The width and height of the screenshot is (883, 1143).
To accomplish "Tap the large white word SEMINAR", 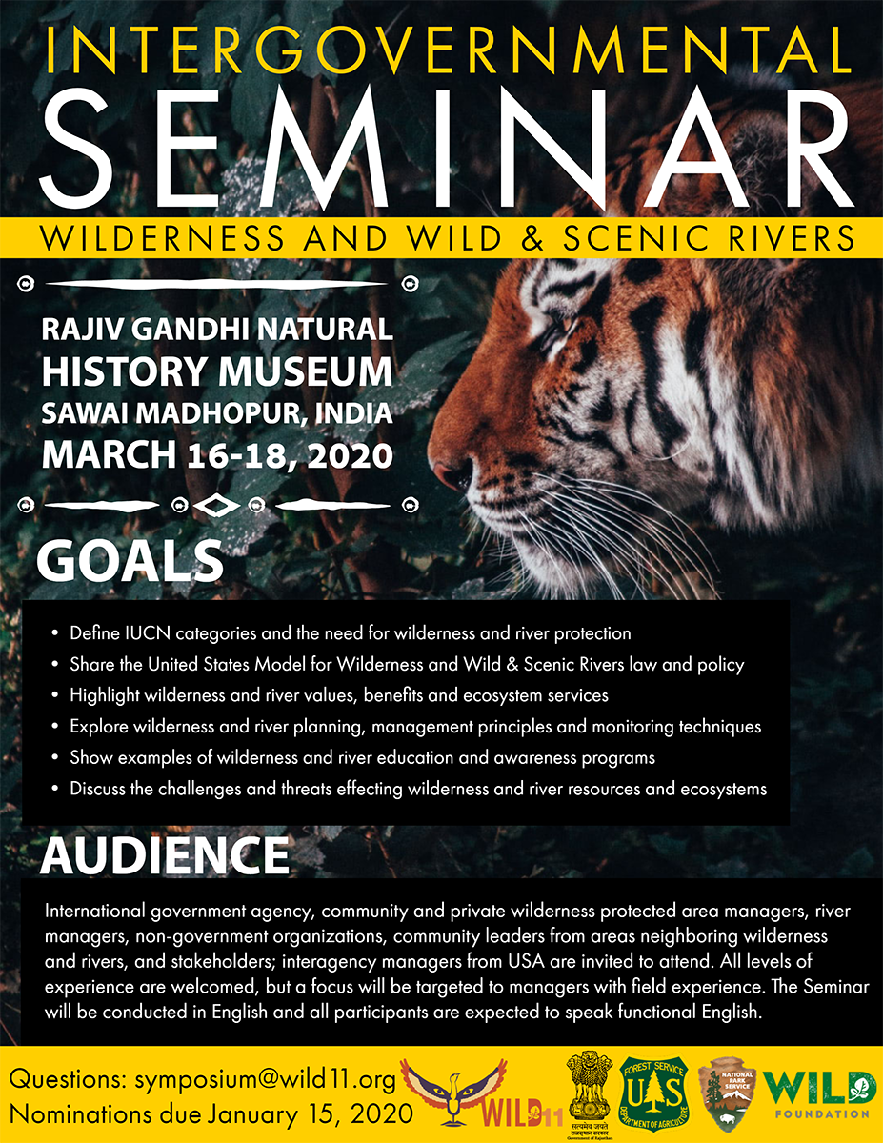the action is (x=446, y=147).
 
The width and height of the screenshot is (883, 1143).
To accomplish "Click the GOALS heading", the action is (x=130, y=561).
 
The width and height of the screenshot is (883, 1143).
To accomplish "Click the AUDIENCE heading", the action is (x=164, y=855).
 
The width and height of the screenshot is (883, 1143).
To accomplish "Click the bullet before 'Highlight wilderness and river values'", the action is (x=55, y=695).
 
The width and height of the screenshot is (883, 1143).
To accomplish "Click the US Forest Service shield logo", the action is (x=653, y=1093).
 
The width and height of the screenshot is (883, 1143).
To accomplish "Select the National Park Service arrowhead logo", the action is (x=727, y=1093).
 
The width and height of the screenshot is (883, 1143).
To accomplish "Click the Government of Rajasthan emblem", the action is (x=589, y=1094).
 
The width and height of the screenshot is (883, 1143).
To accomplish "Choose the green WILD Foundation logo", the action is (x=823, y=1094).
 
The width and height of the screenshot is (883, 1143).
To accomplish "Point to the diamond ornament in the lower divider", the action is (x=216, y=506).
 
